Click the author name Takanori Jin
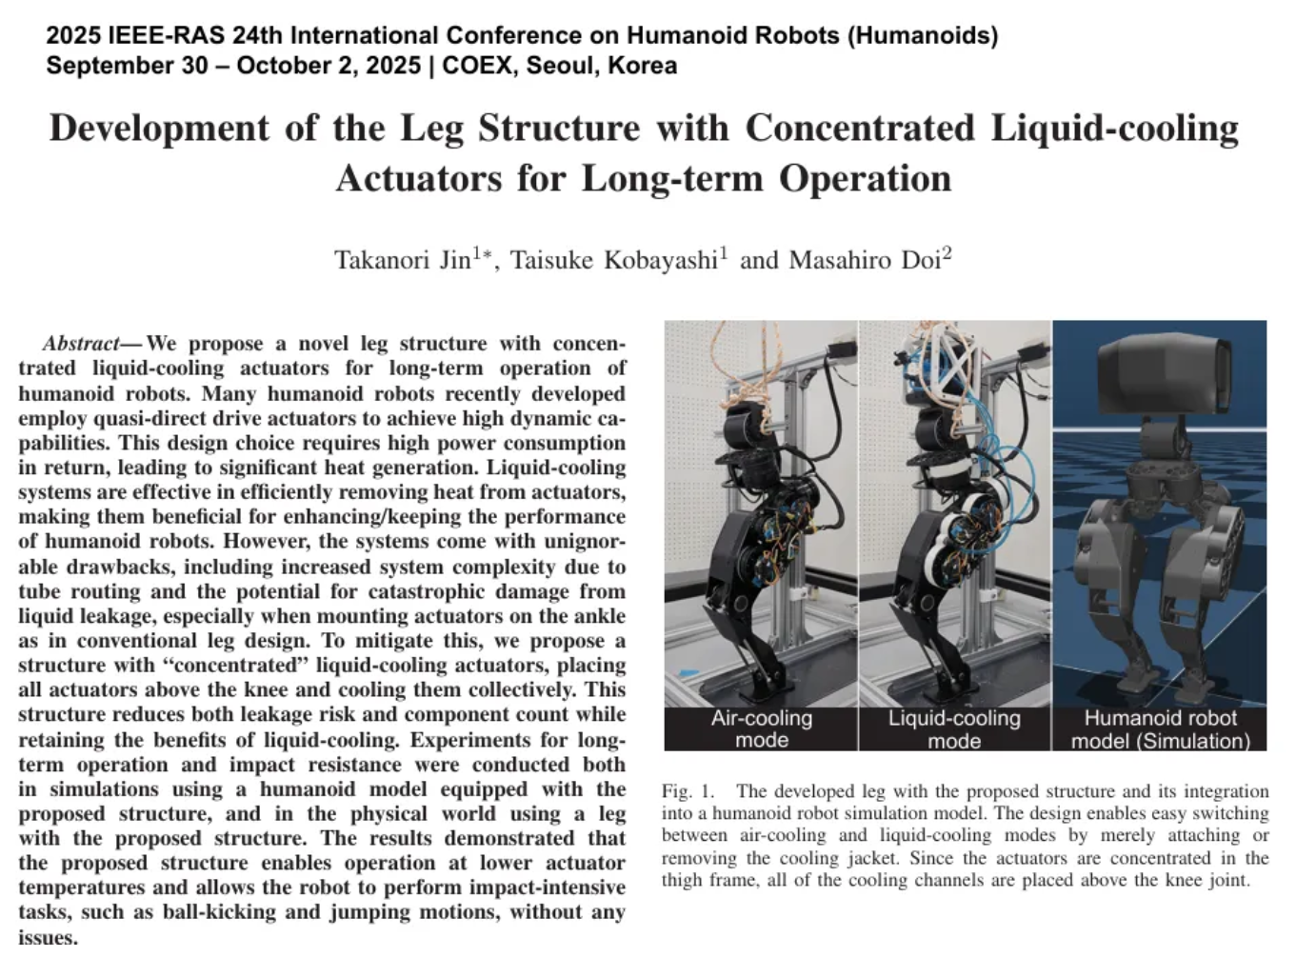pyautogui.click(x=402, y=260)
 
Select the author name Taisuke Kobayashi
pyautogui.click(x=613, y=260)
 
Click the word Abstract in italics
pyautogui.click(x=81, y=344)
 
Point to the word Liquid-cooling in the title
pyautogui.click(x=1114, y=128)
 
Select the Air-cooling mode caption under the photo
pyautogui.click(x=762, y=728)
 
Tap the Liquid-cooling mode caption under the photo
pyautogui.click(x=954, y=728)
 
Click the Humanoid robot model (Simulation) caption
pyautogui.click(x=1160, y=728)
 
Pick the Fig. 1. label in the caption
pyautogui.click(x=688, y=791)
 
